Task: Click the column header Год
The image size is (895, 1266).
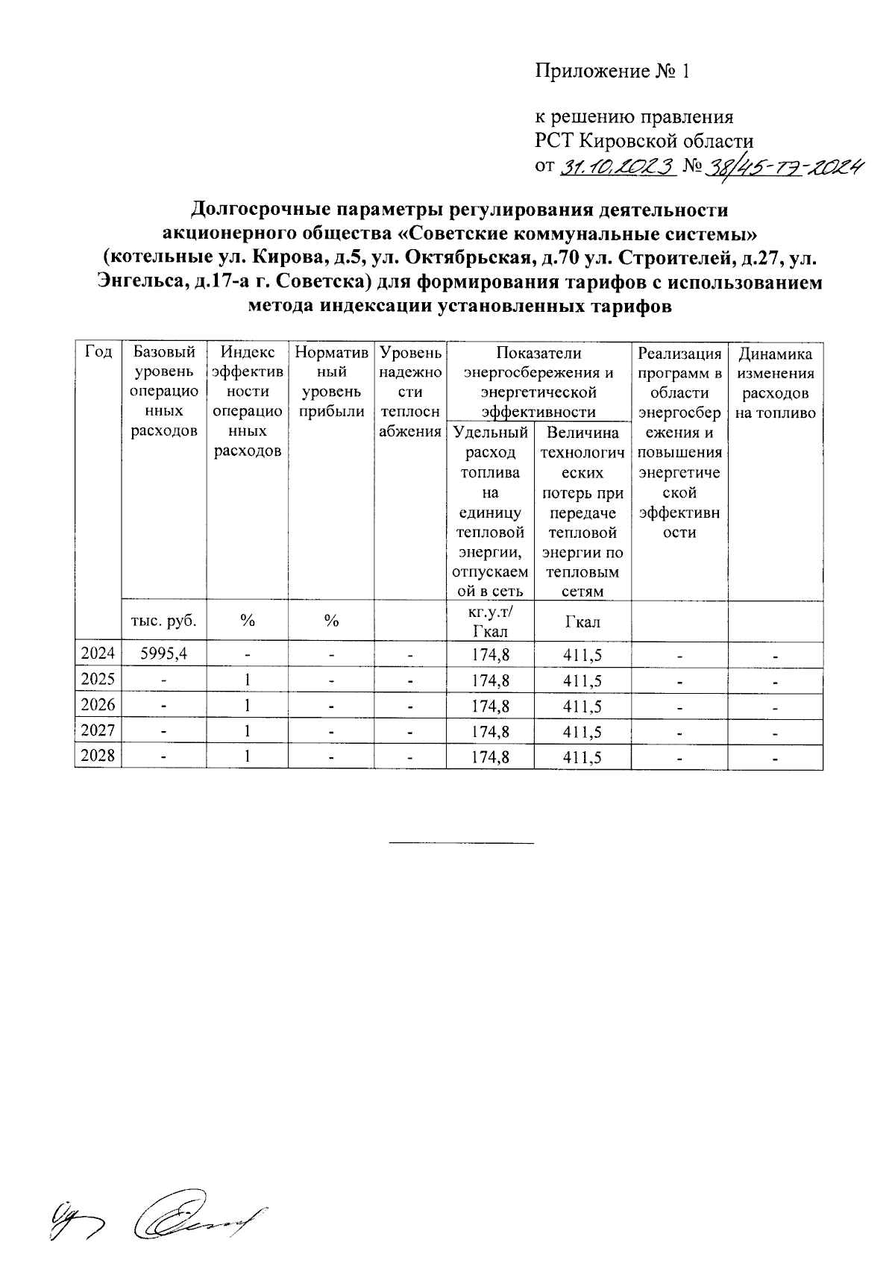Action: click(98, 352)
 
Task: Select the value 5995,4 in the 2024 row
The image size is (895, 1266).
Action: click(164, 655)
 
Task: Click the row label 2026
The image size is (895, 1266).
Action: click(98, 706)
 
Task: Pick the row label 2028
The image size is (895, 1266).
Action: click(98, 756)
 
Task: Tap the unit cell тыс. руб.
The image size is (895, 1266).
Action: click(164, 621)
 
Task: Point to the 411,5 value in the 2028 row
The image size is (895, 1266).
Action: click(582, 756)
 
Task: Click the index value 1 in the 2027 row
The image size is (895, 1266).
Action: click(247, 731)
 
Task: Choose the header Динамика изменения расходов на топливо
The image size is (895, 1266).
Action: click(775, 383)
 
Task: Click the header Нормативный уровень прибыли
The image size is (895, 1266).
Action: click(330, 382)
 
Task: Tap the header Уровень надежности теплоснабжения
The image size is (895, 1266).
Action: click(410, 392)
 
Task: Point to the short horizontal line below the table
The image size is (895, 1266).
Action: click(462, 844)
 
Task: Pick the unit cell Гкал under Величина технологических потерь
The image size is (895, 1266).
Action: click(582, 621)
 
